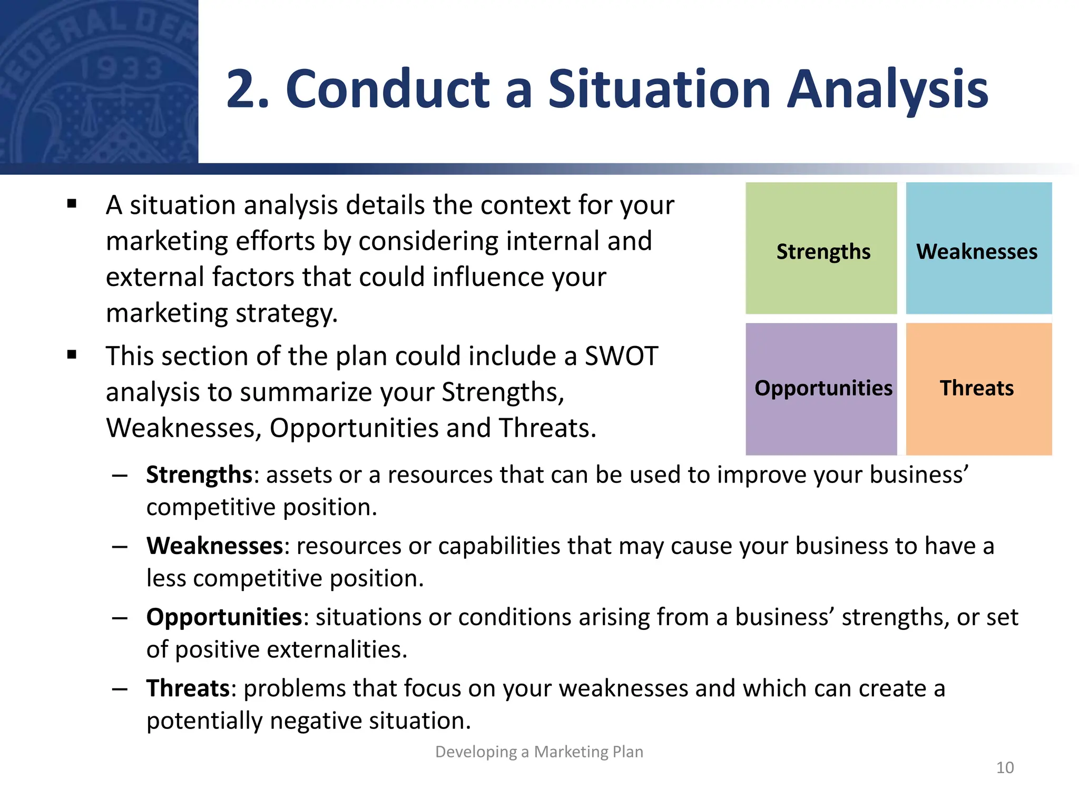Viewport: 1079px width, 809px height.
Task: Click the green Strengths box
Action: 821,249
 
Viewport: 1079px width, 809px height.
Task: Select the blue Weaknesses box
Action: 978,249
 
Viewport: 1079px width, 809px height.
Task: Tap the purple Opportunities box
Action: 821,389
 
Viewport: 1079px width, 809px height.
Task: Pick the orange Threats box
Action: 978,389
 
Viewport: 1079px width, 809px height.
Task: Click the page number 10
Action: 1005,767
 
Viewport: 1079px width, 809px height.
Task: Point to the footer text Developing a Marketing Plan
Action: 539,752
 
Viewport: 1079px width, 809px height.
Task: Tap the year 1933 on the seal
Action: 122,69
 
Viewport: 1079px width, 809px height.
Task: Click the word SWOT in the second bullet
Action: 622,356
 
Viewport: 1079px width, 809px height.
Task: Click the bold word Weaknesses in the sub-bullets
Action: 215,546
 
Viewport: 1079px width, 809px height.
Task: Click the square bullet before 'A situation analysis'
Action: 72,204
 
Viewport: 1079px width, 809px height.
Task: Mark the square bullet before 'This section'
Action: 72,355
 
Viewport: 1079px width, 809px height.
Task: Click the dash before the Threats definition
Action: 120,689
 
